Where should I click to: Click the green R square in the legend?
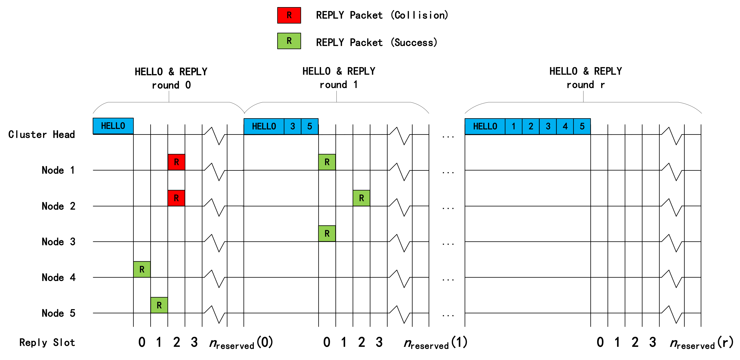(x=289, y=41)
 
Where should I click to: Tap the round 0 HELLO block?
(x=113, y=126)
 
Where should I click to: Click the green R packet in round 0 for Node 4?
(x=142, y=269)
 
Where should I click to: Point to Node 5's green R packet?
(x=159, y=305)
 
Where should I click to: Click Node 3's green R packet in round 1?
(x=327, y=234)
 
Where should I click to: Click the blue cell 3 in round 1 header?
(x=293, y=126)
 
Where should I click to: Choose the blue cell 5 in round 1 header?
(x=310, y=126)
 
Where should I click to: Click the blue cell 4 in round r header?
(x=565, y=126)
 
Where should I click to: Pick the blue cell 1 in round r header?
(x=514, y=126)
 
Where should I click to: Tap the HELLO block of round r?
(x=485, y=126)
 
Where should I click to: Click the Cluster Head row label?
(x=42, y=134)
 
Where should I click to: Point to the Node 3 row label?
(x=58, y=242)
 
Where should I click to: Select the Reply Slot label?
(x=47, y=342)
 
